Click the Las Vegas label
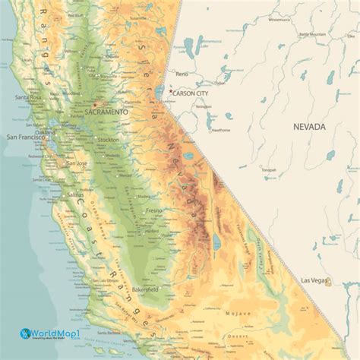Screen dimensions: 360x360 (x=314, y=280)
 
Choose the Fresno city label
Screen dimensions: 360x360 (x=154, y=210)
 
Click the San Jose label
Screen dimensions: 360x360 (x=77, y=163)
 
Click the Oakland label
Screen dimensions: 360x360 (x=46, y=132)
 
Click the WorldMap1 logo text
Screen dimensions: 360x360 (x=56, y=333)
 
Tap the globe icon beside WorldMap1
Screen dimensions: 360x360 (x=26, y=333)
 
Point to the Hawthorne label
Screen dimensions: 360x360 (x=220, y=129)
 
